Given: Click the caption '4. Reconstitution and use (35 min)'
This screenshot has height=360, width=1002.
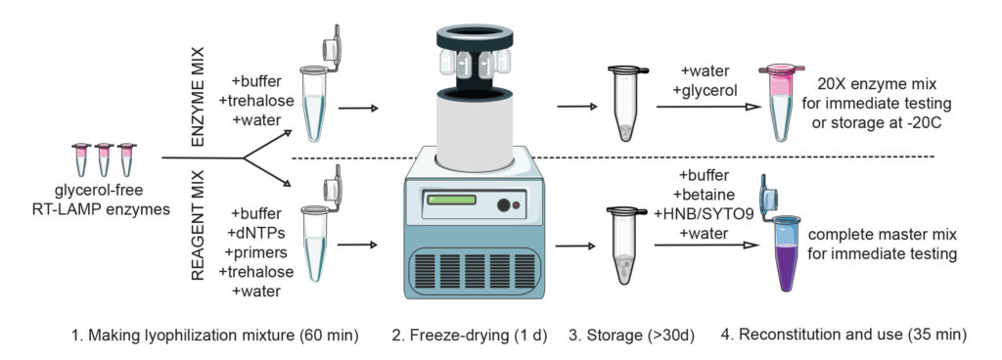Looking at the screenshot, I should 844,336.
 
